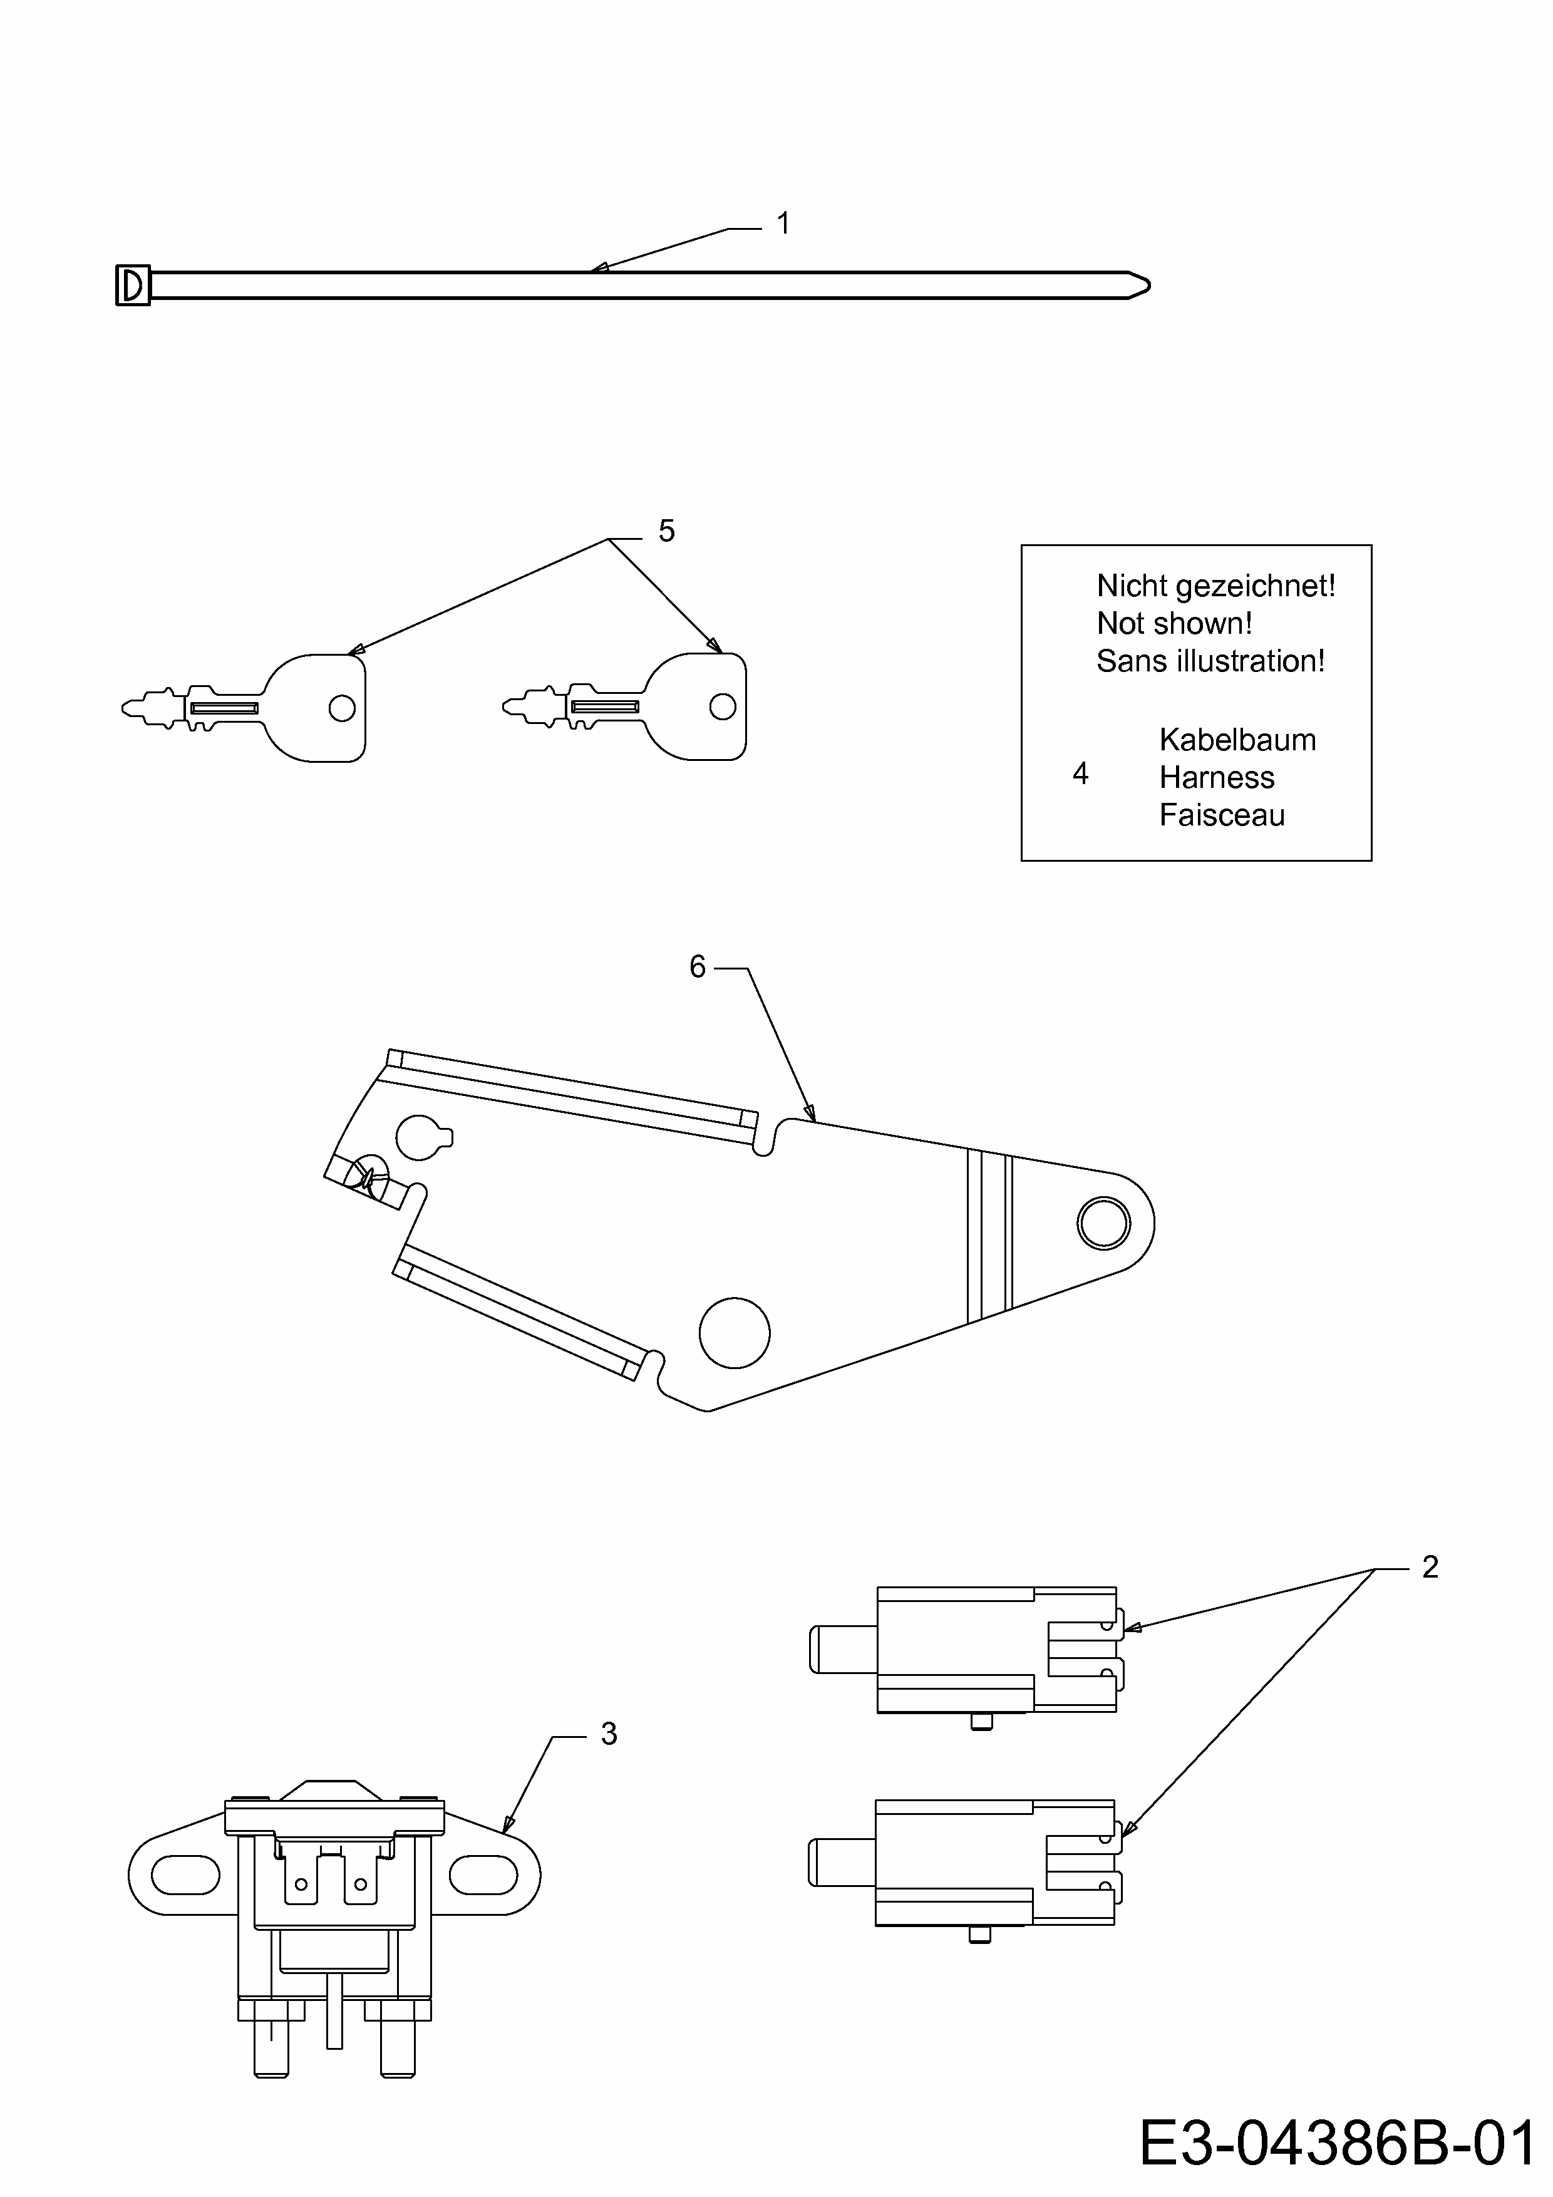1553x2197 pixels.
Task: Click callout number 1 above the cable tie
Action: (x=783, y=224)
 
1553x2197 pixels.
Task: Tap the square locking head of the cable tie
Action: (x=133, y=285)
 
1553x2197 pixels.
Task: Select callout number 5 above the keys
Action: (x=667, y=531)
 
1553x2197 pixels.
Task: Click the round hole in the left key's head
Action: (x=342, y=708)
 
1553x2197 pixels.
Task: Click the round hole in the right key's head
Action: (x=723, y=707)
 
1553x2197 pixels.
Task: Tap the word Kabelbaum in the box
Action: (x=1237, y=740)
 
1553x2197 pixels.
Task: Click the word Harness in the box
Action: (x=1216, y=778)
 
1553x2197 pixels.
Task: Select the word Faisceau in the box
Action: (x=1222, y=815)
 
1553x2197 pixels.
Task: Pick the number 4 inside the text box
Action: (x=1080, y=774)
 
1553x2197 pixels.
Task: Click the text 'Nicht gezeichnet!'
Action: (x=1215, y=586)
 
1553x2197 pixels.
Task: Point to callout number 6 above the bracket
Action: (x=698, y=968)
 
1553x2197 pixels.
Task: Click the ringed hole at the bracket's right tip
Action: (x=1103, y=1223)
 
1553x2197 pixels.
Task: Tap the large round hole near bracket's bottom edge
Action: (x=734, y=1333)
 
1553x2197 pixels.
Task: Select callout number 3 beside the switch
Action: (x=609, y=1734)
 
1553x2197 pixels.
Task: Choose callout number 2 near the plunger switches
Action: (x=1430, y=1568)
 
